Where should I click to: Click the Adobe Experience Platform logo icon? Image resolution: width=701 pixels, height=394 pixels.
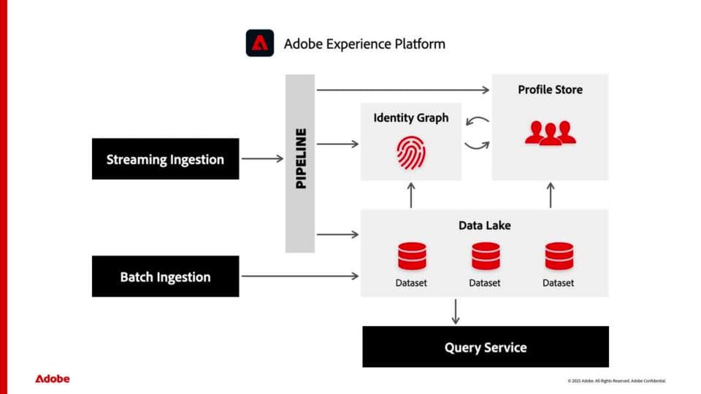tap(259, 43)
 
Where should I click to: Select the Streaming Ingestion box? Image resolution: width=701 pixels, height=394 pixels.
tap(165, 159)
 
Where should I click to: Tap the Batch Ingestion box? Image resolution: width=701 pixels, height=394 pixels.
tap(165, 277)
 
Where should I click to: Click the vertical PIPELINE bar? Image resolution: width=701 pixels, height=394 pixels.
tap(300, 163)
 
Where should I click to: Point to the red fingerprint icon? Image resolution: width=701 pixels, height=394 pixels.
tap(410, 152)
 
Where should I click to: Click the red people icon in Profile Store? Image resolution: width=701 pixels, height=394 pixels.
tap(550, 132)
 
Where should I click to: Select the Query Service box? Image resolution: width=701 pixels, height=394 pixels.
tap(486, 347)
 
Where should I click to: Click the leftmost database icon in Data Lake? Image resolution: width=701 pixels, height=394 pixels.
tap(412, 257)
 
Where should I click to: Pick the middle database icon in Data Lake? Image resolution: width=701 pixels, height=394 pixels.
tap(485, 257)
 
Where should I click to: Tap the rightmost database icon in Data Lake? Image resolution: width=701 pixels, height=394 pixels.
tap(559, 257)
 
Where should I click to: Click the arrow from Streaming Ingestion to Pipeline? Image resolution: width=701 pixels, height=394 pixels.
tap(261, 158)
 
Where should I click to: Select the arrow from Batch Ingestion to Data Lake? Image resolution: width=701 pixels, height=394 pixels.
tap(299, 276)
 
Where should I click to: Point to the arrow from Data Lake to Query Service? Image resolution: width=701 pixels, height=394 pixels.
tap(456, 311)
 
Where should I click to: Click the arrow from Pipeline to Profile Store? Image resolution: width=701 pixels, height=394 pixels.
tap(402, 90)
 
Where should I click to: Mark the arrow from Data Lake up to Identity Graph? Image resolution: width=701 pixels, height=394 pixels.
tap(411, 195)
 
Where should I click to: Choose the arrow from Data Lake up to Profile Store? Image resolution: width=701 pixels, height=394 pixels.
tap(551, 195)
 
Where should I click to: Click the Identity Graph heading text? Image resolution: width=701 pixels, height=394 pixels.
tap(410, 117)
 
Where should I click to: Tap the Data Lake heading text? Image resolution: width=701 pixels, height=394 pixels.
tap(484, 225)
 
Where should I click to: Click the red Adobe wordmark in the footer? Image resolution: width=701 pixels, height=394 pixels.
tap(53, 379)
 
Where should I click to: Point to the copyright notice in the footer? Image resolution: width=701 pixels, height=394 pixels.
tap(616, 381)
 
